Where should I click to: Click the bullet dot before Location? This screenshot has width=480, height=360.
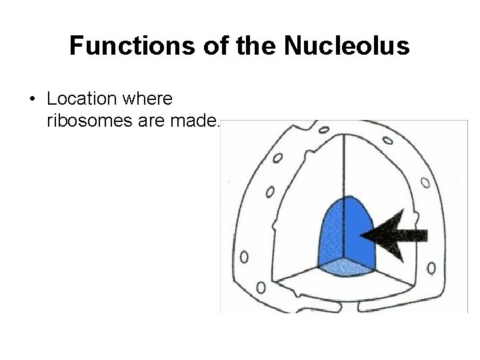pos(33,100)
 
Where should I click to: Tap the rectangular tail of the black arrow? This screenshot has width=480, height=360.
pos(415,234)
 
